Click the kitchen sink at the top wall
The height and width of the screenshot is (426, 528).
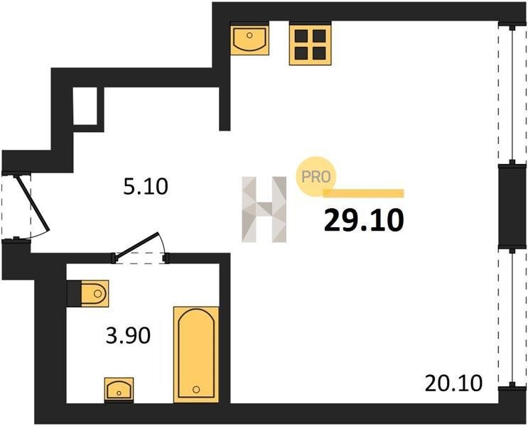[249, 40]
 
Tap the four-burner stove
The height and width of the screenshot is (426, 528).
[310, 45]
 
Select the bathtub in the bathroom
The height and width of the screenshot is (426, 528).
[196, 354]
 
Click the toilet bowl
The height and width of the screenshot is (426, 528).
[95, 293]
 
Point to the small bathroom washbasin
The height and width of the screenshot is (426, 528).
[119, 389]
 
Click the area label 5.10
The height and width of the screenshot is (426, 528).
[146, 187]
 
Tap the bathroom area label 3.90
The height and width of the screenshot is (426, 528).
[128, 336]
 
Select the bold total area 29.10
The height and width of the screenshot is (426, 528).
[364, 220]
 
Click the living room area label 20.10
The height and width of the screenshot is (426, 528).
[453, 383]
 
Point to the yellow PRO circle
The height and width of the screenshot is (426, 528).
[316, 177]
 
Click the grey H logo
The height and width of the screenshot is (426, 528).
[264, 209]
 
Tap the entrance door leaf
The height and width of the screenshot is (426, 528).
[33, 204]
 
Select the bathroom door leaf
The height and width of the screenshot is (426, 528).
[136, 244]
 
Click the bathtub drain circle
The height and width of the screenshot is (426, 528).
[196, 390]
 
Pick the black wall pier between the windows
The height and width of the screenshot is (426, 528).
[512, 207]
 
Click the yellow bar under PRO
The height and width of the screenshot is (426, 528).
[363, 193]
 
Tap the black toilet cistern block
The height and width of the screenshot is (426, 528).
[74, 294]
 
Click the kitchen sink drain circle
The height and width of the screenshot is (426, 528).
[249, 35]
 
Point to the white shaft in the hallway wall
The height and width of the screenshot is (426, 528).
[85, 106]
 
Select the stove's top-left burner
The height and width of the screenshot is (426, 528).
[301, 36]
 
